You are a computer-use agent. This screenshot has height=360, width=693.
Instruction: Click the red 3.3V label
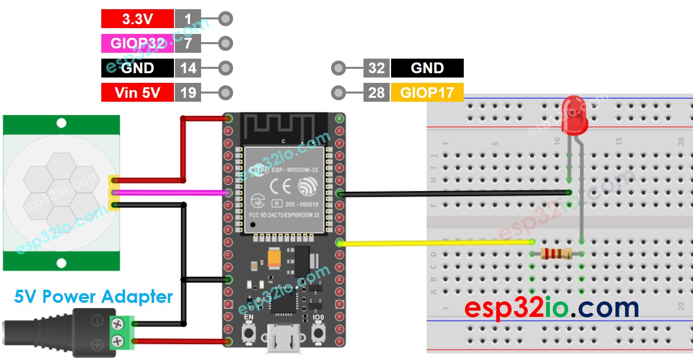pos(137,19)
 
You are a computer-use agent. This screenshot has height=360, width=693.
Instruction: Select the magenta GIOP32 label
pos(137,44)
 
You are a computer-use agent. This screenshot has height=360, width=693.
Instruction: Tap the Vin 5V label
pos(137,93)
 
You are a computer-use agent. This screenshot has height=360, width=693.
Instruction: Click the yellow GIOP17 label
pos(427,93)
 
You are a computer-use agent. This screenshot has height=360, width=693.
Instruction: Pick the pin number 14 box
pos(188,68)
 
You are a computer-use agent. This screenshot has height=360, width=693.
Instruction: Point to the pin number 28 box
pos(377,93)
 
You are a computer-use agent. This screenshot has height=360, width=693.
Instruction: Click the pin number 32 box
pos(377,68)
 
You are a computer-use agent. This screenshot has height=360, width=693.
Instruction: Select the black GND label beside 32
pos(427,68)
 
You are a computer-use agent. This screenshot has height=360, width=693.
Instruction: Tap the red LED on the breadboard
pos(575,115)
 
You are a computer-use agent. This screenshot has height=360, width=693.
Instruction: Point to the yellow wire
pos(436,242)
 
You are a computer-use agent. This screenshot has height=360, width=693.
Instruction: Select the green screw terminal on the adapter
pos(122,332)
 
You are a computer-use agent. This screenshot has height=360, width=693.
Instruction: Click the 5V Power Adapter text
pos(93,297)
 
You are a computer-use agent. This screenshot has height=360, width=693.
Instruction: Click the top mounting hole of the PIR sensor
pos(61,123)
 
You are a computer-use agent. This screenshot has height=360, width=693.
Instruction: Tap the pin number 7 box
pos(188,44)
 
